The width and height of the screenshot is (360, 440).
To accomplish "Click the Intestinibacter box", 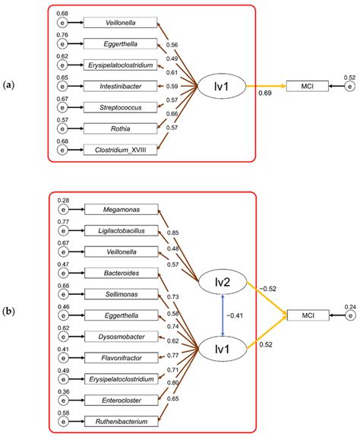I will tap(121, 86).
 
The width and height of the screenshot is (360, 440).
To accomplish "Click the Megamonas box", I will tap(121, 209).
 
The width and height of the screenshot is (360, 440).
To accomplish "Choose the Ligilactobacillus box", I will tap(121, 229).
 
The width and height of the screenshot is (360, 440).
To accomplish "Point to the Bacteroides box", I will tap(121, 272).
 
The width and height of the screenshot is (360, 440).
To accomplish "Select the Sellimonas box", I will tap(121, 293).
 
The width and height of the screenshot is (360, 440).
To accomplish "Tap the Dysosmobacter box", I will tap(121, 335).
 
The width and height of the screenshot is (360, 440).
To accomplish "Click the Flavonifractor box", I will tap(121, 356).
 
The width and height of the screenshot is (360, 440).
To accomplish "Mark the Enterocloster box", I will tap(121, 399).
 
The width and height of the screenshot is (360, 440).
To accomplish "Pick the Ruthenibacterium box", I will tap(121, 420).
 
